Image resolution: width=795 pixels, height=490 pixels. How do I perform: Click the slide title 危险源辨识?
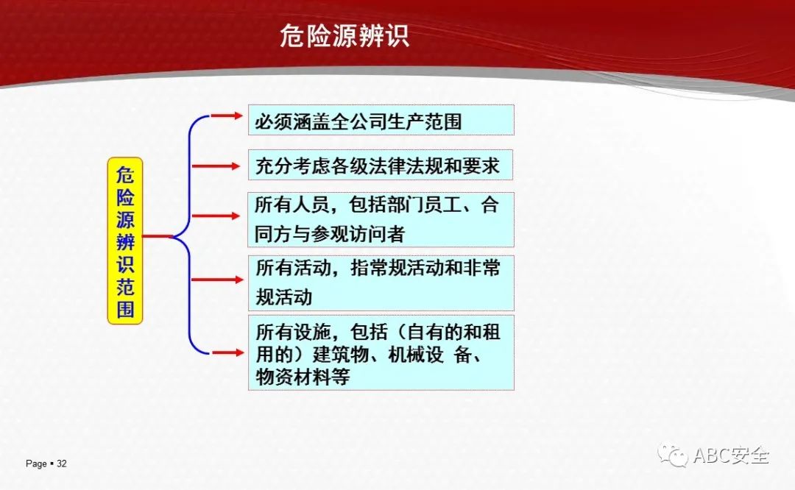[x=344, y=36]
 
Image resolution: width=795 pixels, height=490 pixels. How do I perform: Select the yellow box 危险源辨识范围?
[x=125, y=241]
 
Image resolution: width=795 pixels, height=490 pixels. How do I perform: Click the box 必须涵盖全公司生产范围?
[x=381, y=120]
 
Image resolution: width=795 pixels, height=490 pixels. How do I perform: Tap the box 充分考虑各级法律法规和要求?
[x=381, y=165]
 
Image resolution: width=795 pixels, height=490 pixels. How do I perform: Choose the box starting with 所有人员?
[x=381, y=219]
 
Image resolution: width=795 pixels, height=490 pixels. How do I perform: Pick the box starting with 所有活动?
[x=381, y=283]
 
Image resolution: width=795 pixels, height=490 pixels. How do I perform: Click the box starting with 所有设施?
[x=381, y=352]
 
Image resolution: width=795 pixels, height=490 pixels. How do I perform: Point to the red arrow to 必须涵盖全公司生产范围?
[x=227, y=116]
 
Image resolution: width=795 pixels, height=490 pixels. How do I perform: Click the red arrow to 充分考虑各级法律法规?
[x=216, y=166]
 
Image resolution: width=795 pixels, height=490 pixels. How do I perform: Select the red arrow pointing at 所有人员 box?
[x=216, y=216]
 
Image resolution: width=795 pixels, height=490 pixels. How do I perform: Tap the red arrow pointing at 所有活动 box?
[x=217, y=279]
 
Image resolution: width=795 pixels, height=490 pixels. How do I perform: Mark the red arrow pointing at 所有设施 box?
[x=227, y=352]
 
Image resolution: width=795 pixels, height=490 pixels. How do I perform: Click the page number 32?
[x=61, y=464]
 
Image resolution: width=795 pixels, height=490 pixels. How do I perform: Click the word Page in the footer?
[x=36, y=464]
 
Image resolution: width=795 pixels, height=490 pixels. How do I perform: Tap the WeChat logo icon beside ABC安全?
[x=672, y=455]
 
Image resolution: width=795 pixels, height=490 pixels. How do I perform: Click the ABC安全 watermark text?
[x=731, y=455]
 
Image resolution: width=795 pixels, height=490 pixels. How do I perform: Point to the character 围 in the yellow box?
[x=125, y=308]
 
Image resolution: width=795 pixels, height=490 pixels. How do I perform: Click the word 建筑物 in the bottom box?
[x=340, y=354]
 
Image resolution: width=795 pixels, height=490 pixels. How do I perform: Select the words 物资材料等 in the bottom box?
[x=303, y=377]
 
